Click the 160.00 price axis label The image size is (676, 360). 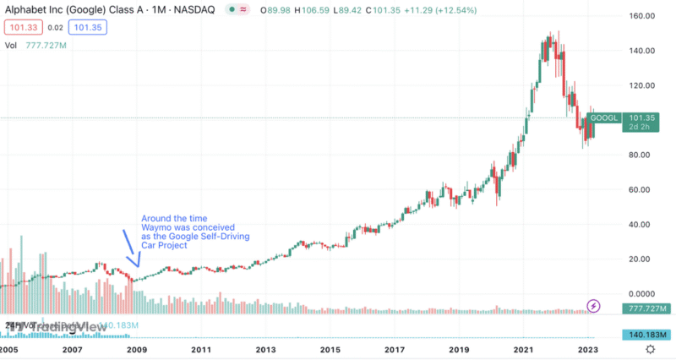pyautogui.click(x=642, y=16)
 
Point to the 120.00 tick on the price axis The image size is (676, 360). pyautogui.click(x=642, y=85)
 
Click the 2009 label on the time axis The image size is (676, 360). pyautogui.click(x=137, y=348)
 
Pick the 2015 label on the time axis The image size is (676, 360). pyautogui.click(x=330, y=348)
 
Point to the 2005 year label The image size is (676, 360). pyautogui.click(x=9, y=348)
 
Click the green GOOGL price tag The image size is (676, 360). pyautogui.click(x=605, y=117)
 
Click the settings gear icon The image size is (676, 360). pyautogui.click(x=650, y=348)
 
